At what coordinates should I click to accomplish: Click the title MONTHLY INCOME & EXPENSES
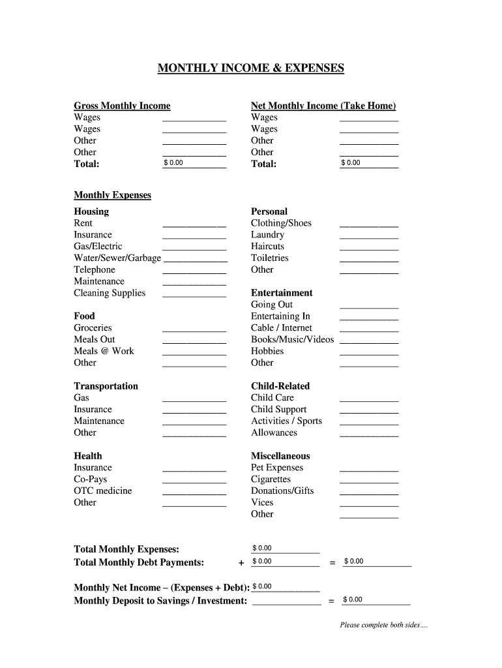tap(250, 68)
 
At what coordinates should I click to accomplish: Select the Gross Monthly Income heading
tap(122, 106)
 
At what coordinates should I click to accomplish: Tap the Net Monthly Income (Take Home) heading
tap(323, 106)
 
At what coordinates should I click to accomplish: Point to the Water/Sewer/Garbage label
tap(117, 258)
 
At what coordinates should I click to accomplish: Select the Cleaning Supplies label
tap(110, 293)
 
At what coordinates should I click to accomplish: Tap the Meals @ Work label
tap(104, 351)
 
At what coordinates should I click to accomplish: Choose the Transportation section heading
tap(106, 386)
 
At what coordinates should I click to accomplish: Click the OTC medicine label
tap(102, 491)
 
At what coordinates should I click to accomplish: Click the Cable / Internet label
tap(282, 328)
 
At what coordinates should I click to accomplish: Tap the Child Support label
tap(278, 410)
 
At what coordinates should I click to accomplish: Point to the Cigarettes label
tap(271, 479)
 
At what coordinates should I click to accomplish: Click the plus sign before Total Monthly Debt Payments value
tap(241, 562)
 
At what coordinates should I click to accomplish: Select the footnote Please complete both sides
tap(383, 626)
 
